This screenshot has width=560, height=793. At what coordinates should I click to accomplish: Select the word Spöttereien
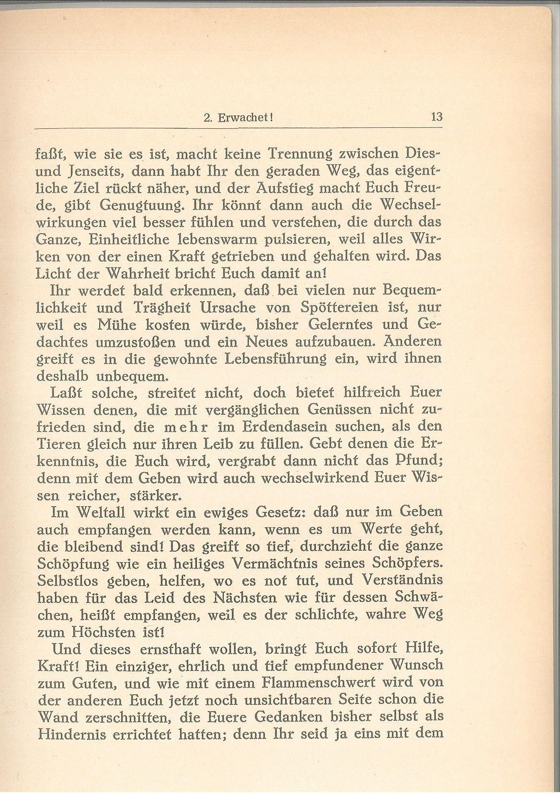coord(329,307)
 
